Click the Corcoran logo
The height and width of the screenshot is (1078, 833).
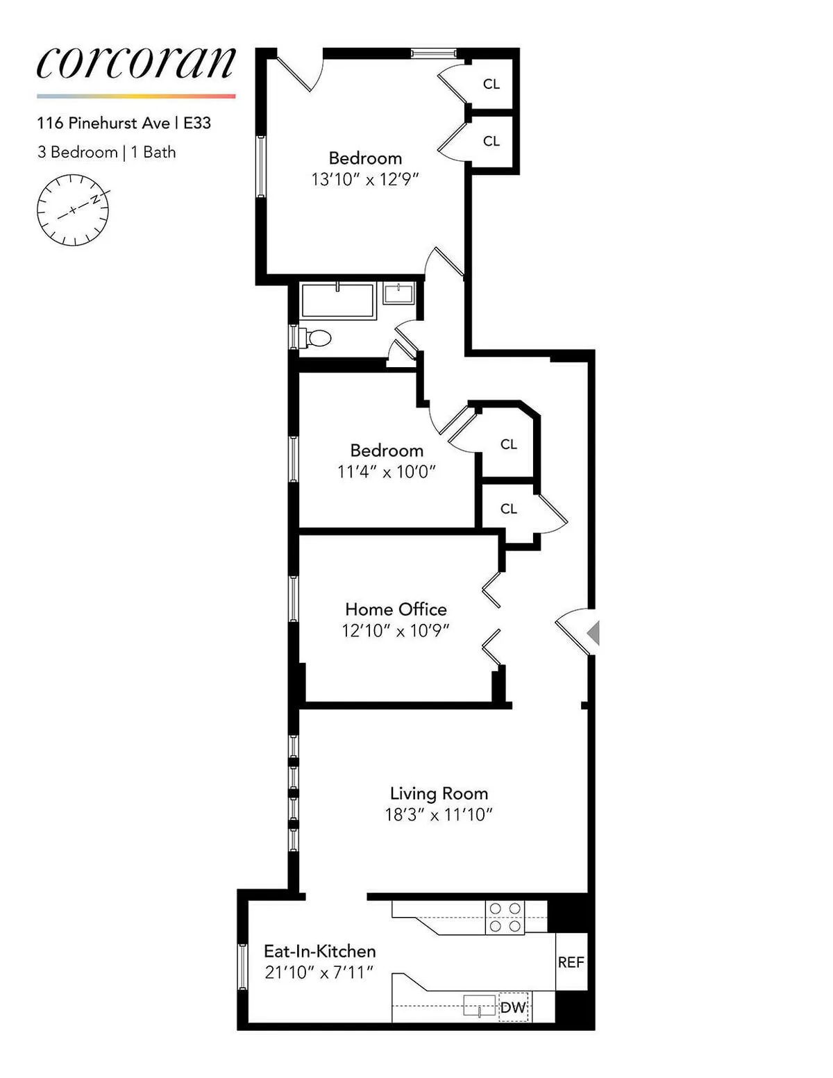pos(136,63)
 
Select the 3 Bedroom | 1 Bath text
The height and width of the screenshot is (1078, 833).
pos(106,152)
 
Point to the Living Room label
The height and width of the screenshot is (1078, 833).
pos(439,793)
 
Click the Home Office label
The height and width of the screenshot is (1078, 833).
pos(396,609)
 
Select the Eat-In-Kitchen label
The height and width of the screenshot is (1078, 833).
pos(319,951)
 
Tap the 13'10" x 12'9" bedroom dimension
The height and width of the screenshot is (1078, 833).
pos(365,180)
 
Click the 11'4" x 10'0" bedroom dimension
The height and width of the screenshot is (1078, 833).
pos(386,472)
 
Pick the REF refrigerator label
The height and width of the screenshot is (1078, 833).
pos(571,962)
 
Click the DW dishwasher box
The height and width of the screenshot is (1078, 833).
pos(514,1007)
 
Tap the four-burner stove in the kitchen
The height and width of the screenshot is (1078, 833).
pos(505,917)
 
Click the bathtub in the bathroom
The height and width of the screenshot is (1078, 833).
pos(338,301)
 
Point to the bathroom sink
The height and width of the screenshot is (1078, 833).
pos(399,293)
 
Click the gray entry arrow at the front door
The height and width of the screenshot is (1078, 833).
pos(593,633)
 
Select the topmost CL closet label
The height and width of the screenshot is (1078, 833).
pos(491,84)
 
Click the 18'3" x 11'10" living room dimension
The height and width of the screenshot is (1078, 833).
pos(439,815)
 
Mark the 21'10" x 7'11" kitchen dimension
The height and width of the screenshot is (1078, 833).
pos(319,972)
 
